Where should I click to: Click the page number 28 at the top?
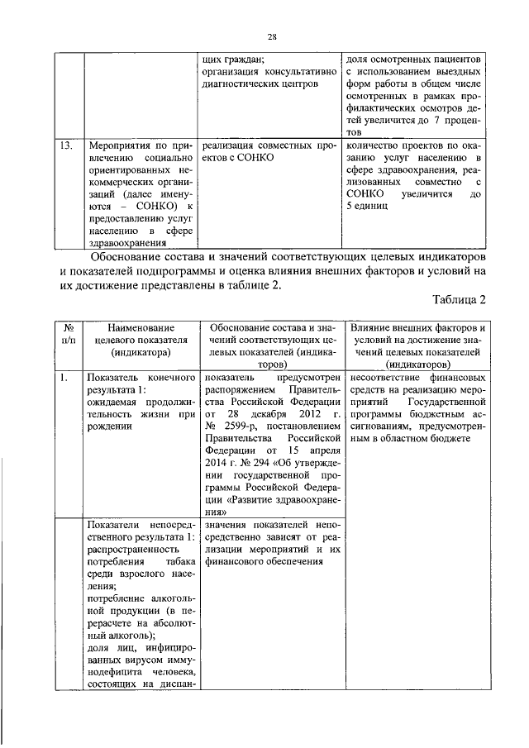[x=271, y=36]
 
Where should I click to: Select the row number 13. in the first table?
[x=71, y=147]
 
